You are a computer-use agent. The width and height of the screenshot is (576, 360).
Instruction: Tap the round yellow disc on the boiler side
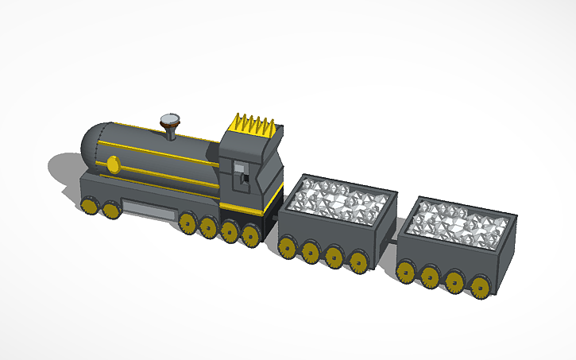pyautogui.click(x=113, y=164)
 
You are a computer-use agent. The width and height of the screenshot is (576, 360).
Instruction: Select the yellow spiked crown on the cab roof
pyautogui.click(x=251, y=125)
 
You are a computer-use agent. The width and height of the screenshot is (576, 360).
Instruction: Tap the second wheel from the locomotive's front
pyautogui.click(x=110, y=210)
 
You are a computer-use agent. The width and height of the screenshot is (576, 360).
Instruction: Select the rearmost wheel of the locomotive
pyautogui.click(x=251, y=234)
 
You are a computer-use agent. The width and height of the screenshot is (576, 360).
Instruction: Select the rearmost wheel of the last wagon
pyautogui.click(x=479, y=287)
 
